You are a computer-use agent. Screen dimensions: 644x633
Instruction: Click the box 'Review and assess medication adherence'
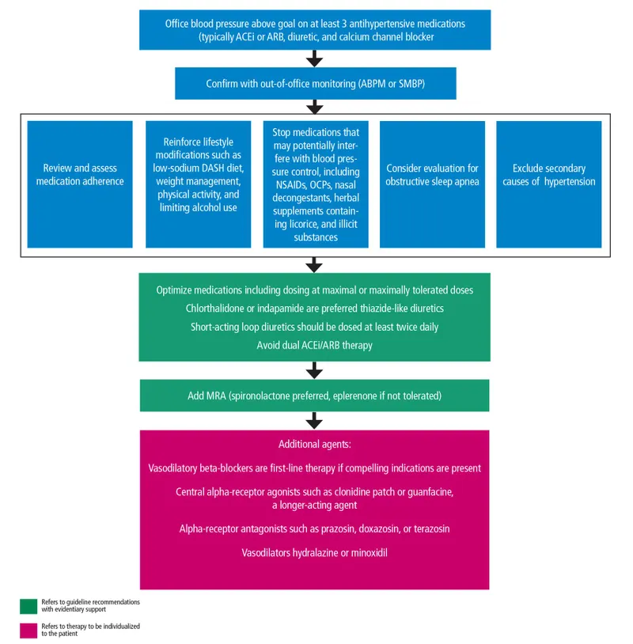(x=80, y=184)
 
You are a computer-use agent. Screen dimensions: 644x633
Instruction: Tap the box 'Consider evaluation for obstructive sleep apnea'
(x=432, y=184)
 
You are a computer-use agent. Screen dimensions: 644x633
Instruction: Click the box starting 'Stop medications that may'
(x=316, y=184)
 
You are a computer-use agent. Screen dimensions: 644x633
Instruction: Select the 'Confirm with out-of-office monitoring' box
(x=315, y=83)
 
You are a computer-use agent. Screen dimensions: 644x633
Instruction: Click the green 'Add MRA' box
(x=315, y=396)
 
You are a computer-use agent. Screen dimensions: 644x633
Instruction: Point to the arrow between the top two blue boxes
(x=315, y=59)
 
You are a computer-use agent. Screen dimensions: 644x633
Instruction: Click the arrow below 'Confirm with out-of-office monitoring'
(x=315, y=107)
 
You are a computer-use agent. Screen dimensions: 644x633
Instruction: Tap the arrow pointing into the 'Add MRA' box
(x=315, y=369)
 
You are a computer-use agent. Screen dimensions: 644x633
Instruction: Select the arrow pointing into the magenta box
(x=315, y=419)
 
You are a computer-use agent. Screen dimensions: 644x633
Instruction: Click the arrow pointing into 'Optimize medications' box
(x=315, y=264)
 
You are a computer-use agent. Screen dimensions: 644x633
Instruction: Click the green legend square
(x=28, y=606)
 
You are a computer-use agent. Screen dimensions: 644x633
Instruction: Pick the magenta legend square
(x=28, y=630)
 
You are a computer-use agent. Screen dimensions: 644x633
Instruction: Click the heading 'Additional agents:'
(x=314, y=445)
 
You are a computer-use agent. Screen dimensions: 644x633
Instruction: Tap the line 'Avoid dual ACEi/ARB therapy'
(x=315, y=345)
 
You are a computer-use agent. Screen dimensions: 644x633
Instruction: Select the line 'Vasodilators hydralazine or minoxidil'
(x=314, y=552)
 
